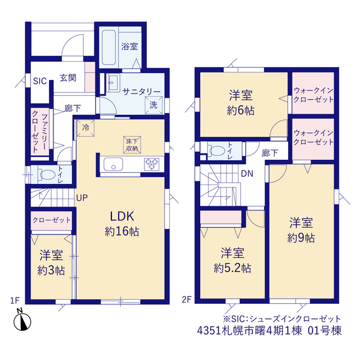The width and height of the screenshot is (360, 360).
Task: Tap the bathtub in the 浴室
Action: tap(109, 47)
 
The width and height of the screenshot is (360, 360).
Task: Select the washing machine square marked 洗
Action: tap(154, 105)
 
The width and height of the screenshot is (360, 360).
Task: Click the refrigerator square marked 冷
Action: tap(85, 128)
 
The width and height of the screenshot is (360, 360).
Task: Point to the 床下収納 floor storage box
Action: tap(132, 145)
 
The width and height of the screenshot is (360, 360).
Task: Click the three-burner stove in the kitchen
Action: tap(151, 164)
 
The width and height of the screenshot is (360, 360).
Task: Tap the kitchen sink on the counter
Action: tap(113, 164)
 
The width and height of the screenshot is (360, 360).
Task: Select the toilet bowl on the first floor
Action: tap(46, 174)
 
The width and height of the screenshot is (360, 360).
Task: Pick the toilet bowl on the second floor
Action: tap(216, 151)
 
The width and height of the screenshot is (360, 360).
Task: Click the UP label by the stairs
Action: tap(82, 197)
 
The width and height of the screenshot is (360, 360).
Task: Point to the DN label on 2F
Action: tap(247, 174)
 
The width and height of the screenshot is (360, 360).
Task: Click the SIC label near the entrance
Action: tap(40, 81)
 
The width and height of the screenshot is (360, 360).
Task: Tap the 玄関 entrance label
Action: tap(68, 78)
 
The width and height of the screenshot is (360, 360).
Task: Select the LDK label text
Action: tap(122, 216)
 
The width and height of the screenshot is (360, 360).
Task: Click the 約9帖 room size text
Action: tap(301, 238)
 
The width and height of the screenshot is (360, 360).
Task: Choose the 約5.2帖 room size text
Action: tap(232, 268)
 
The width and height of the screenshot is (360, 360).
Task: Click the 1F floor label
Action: tap(15, 300)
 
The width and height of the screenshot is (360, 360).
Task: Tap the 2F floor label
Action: tap(187, 299)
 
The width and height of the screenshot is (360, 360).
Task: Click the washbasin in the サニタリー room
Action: tap(113, 83)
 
